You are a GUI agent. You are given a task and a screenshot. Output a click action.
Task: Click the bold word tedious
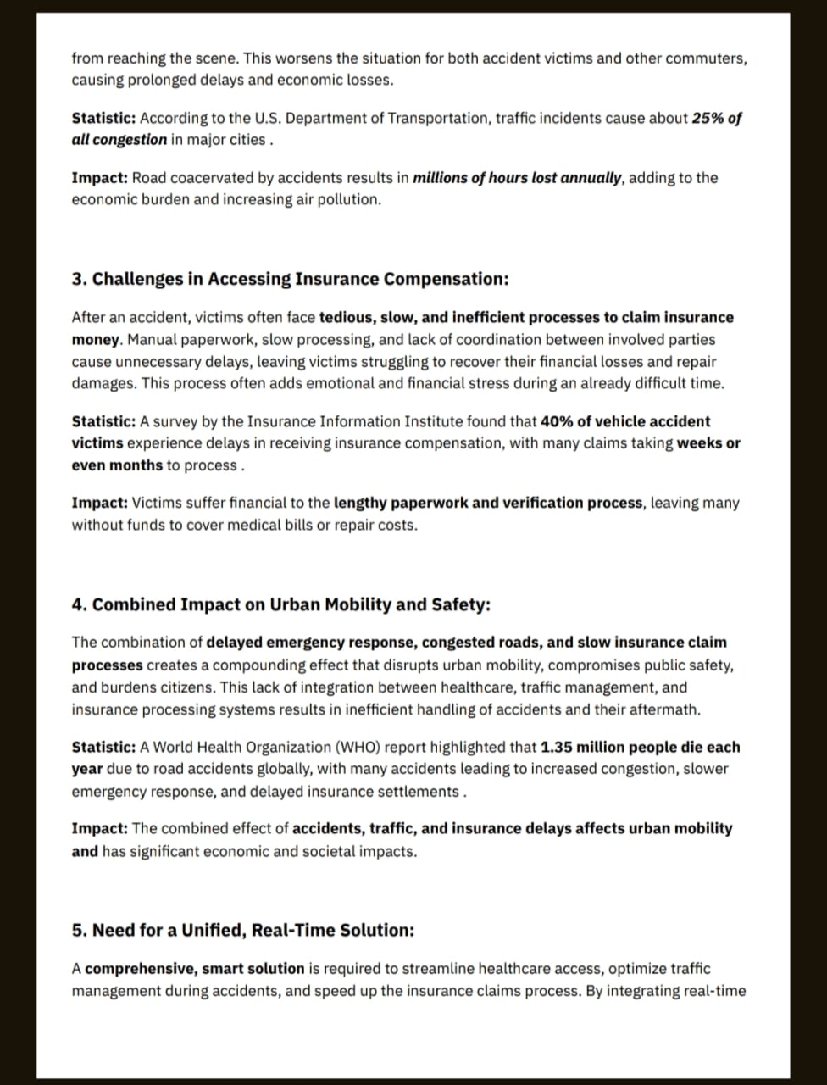point(346,317)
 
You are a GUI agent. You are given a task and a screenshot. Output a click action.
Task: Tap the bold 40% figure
point(556,421)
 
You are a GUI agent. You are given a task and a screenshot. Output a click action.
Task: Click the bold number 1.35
point(557,747)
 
